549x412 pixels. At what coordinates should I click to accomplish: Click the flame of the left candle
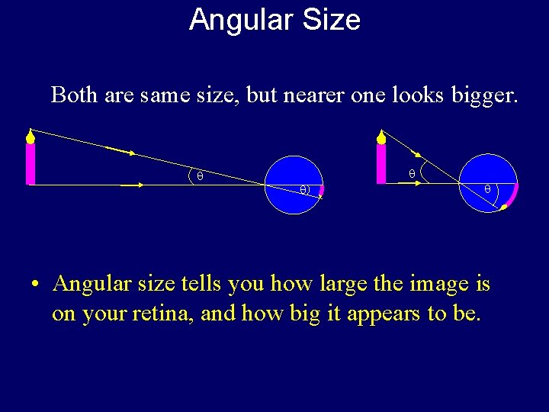(30, 137)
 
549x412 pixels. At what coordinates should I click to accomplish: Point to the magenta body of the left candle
(30, 164)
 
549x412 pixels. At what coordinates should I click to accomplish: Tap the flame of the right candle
(381, 137)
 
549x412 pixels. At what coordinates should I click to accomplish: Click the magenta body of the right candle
(381, 164)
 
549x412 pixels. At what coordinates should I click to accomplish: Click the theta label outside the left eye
(200, 176)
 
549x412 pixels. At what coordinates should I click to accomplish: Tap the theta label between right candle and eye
(412, 174)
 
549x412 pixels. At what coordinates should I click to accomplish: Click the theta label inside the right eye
(487, 188)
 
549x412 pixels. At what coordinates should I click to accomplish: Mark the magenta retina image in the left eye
(322, 191)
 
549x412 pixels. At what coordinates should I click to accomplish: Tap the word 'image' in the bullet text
(440, 285)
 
